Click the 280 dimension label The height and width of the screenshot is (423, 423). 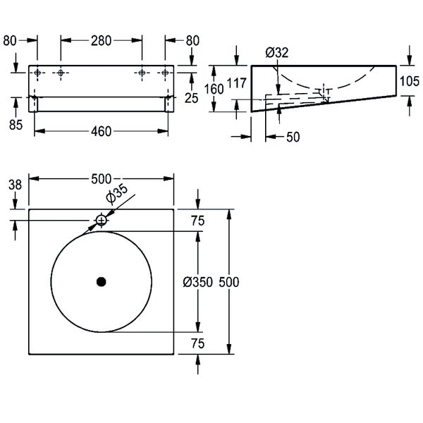[x=101, y=41]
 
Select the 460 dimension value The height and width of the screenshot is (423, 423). [x=102, y=131]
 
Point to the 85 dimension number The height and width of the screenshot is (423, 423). [x=15, y=124]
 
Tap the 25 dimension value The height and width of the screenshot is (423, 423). [x=190, y=98]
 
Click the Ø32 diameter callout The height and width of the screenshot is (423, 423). [x=277, y=51]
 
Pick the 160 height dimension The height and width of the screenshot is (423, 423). [x=214, y=89]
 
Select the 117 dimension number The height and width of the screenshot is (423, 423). [x=238, y=84]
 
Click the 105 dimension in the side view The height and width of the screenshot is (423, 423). [x=410, y=80]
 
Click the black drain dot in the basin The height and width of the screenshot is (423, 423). [x=101, y=282]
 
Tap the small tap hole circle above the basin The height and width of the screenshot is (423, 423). [x=101, y=221]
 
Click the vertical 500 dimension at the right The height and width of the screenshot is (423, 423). [x=229, y=282]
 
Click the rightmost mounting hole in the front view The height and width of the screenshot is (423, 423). [x=165, y=73]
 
